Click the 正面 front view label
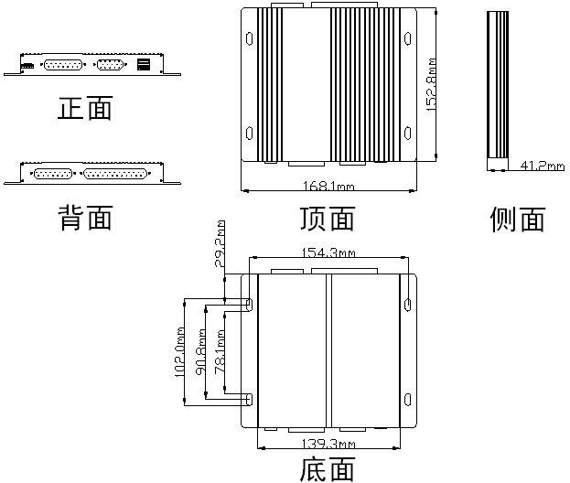(85, 109)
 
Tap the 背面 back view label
(85, 218)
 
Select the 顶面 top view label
(327, 219)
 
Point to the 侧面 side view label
(518, 219)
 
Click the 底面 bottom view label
(327, 469)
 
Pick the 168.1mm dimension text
(329, 188)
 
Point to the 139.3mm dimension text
(328, 443)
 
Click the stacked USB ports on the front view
(144, 65)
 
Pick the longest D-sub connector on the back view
(116, 172)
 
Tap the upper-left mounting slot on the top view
(250, 38)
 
